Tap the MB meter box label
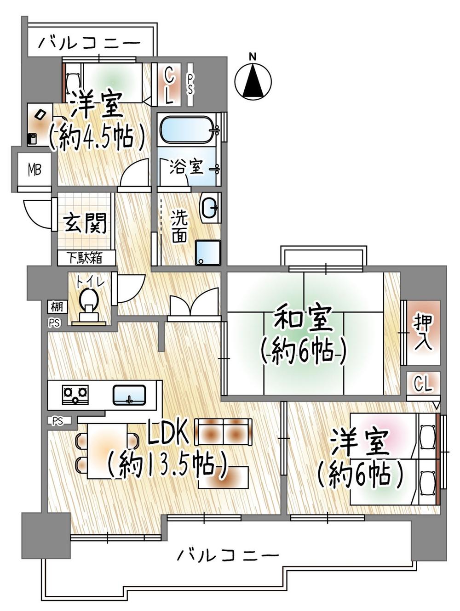click(34, 170)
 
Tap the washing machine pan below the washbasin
click(208, 253)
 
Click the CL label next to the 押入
click(423, 384)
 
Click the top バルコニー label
click(89, 44)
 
